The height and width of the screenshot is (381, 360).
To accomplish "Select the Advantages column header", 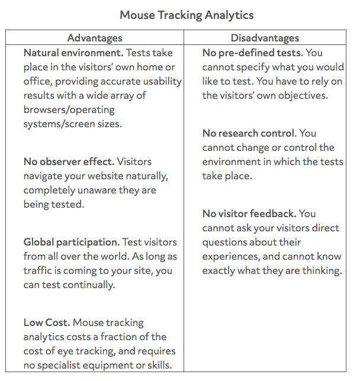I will click(95, 38).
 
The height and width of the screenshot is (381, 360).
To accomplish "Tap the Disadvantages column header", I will click(265, 38).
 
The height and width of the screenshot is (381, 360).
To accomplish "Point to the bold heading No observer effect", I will click(68, 162).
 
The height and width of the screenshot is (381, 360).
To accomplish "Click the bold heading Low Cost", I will click(46, 322).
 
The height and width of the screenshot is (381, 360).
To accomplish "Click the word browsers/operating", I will click(69, 109).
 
